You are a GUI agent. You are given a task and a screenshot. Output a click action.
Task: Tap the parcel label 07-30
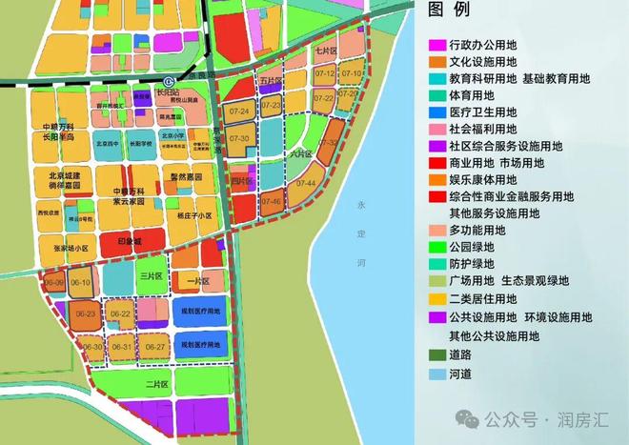pos(239,139)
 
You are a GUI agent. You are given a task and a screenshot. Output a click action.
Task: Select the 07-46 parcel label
pos(271,202)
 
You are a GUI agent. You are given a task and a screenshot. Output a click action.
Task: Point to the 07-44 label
pos(306,182)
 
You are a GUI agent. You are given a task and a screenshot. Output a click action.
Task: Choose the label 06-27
pos(156,348)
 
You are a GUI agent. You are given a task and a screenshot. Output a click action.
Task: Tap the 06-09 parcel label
pos(53,283)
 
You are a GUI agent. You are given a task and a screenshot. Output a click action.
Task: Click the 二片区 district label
pos(157,384)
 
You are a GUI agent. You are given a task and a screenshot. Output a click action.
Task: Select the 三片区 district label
pos(149,275)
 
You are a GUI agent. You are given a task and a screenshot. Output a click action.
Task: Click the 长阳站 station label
pos(180,93)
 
